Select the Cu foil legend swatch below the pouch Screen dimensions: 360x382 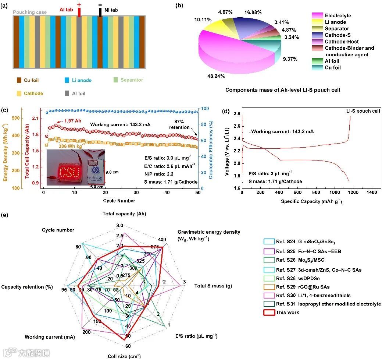(19, 80)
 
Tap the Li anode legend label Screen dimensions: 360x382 (82, 80)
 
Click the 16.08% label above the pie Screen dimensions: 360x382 (253, 12)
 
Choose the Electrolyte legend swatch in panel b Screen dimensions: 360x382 (316, 15)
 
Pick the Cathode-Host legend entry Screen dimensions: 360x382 (342, 42)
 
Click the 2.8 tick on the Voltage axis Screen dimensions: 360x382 (236, 114)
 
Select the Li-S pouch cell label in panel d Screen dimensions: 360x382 (363, 110)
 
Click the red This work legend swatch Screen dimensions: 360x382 (269, 313)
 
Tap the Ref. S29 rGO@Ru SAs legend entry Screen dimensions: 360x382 (303, 287)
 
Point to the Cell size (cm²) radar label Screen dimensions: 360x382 (124, 356)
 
